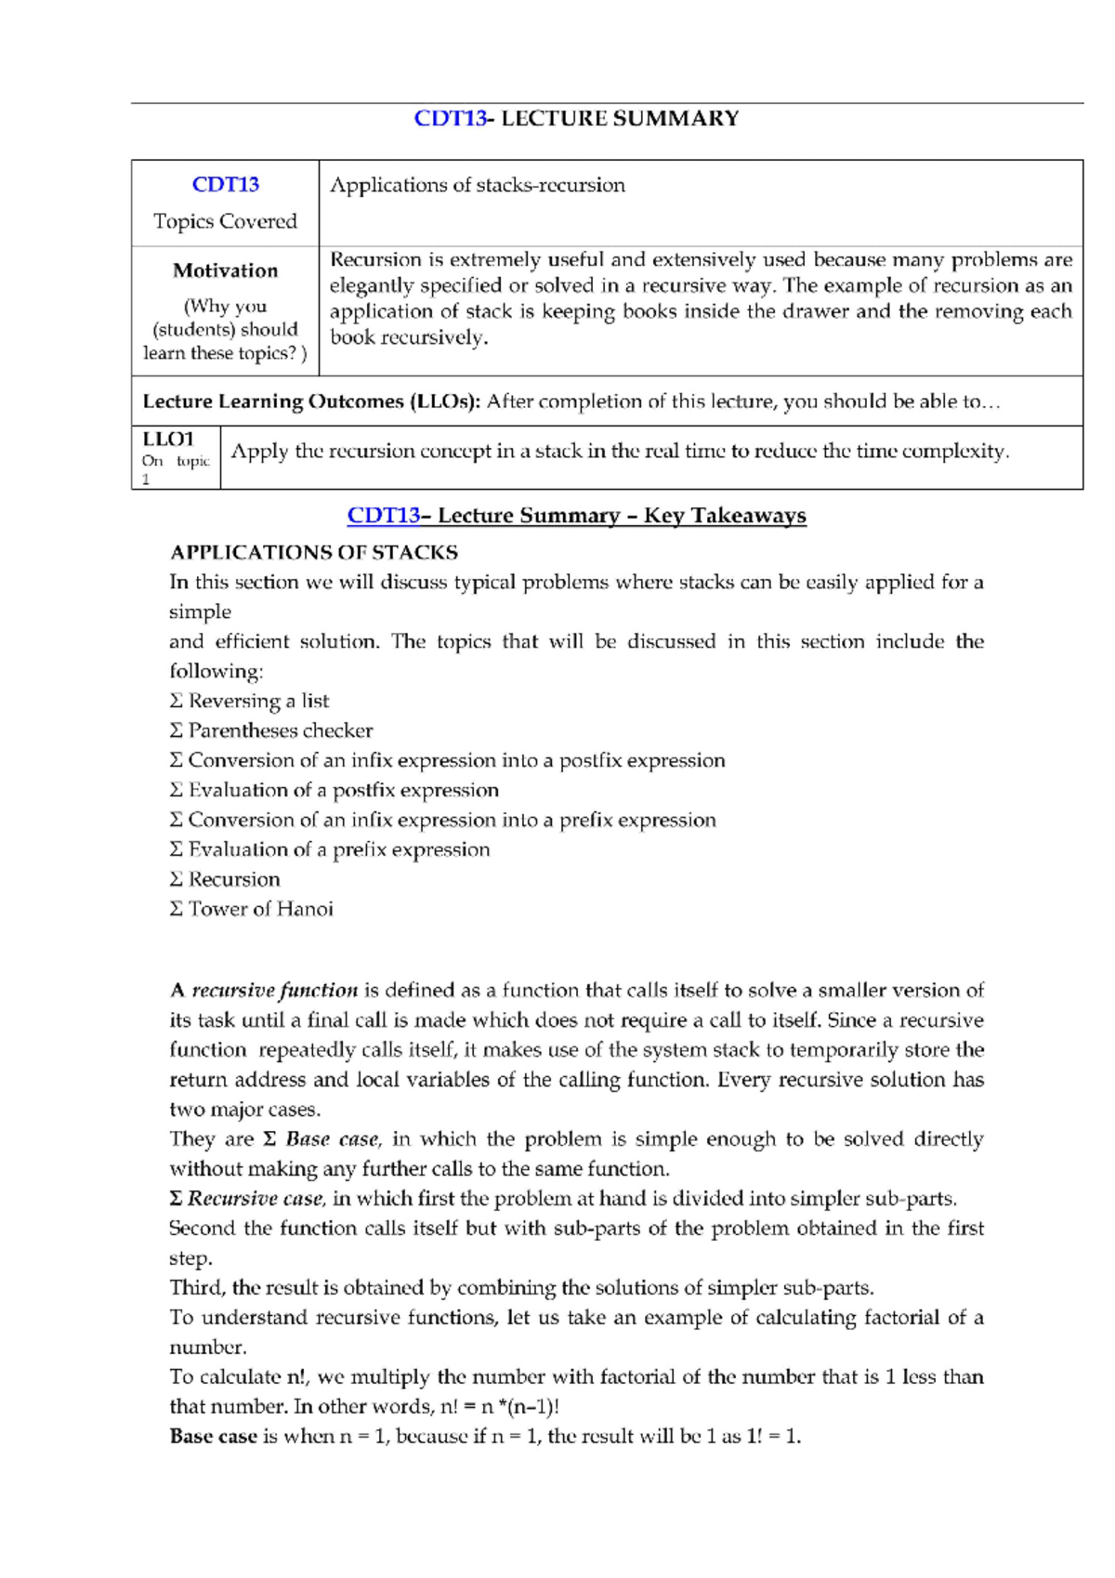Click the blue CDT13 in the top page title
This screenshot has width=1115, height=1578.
450,118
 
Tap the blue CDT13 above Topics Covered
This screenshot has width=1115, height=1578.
225,184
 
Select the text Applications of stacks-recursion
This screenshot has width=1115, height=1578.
477,185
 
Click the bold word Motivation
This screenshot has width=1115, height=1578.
225,270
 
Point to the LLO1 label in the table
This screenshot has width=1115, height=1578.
168,439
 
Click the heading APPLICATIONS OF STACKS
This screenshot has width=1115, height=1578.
314,553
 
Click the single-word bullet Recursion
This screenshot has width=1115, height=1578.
234,879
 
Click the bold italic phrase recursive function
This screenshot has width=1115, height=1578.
274,991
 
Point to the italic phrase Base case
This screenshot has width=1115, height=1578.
332,1139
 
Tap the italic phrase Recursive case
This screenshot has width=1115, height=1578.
255,1199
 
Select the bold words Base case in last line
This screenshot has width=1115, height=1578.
213,1437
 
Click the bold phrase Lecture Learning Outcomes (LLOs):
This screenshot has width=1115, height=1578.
311,401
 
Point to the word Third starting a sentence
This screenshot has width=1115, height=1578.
197,1288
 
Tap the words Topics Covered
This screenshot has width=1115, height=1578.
225,221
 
